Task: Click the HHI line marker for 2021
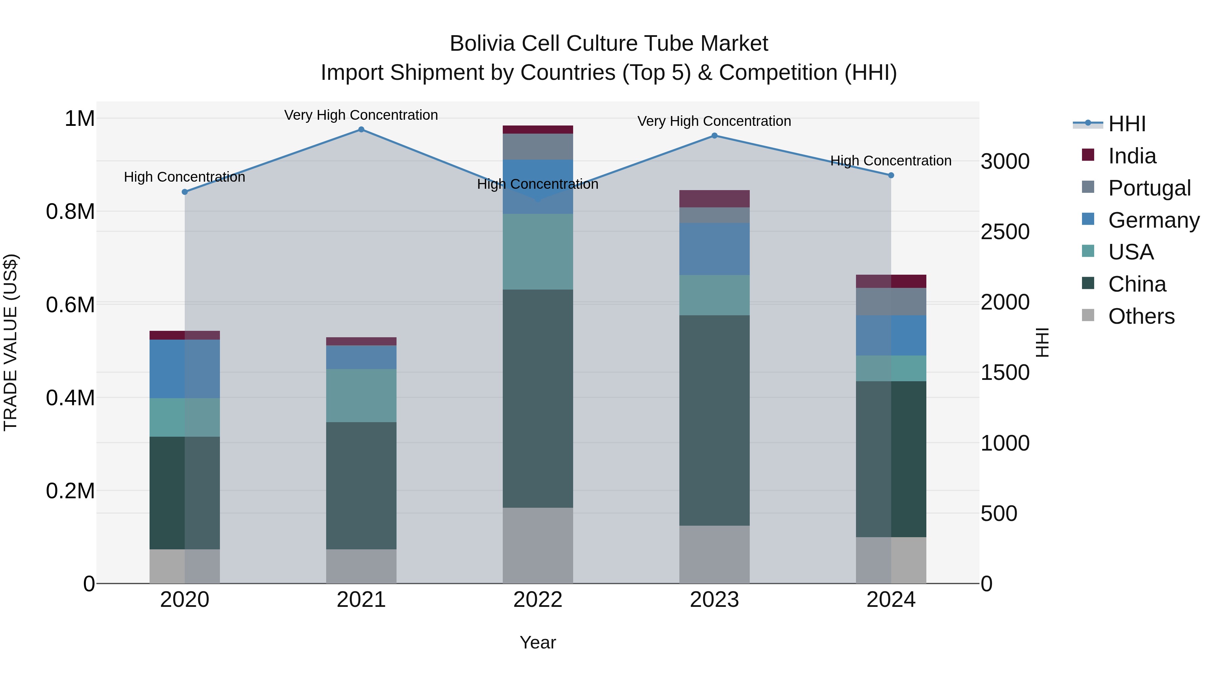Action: [361, 130]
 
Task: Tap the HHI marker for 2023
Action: [715, 136]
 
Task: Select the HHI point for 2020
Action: [185, 192]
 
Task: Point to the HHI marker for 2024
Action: [891, 175]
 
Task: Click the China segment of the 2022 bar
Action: [538, 398]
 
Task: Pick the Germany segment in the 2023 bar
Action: [715, 249]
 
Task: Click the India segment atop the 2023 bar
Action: [715, 199]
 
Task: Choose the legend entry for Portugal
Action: [1149, 188]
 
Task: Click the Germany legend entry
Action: [1153, 220]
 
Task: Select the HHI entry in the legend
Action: [1127, 124]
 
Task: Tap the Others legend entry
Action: [1141, 316]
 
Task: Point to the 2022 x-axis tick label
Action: [538, 599]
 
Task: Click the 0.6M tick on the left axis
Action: [70, 304]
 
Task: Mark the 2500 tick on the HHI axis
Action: [1005, 232]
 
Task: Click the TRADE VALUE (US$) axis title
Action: [10, 342]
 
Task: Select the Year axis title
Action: [538, 642]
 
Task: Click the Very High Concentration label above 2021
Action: [361, 115]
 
